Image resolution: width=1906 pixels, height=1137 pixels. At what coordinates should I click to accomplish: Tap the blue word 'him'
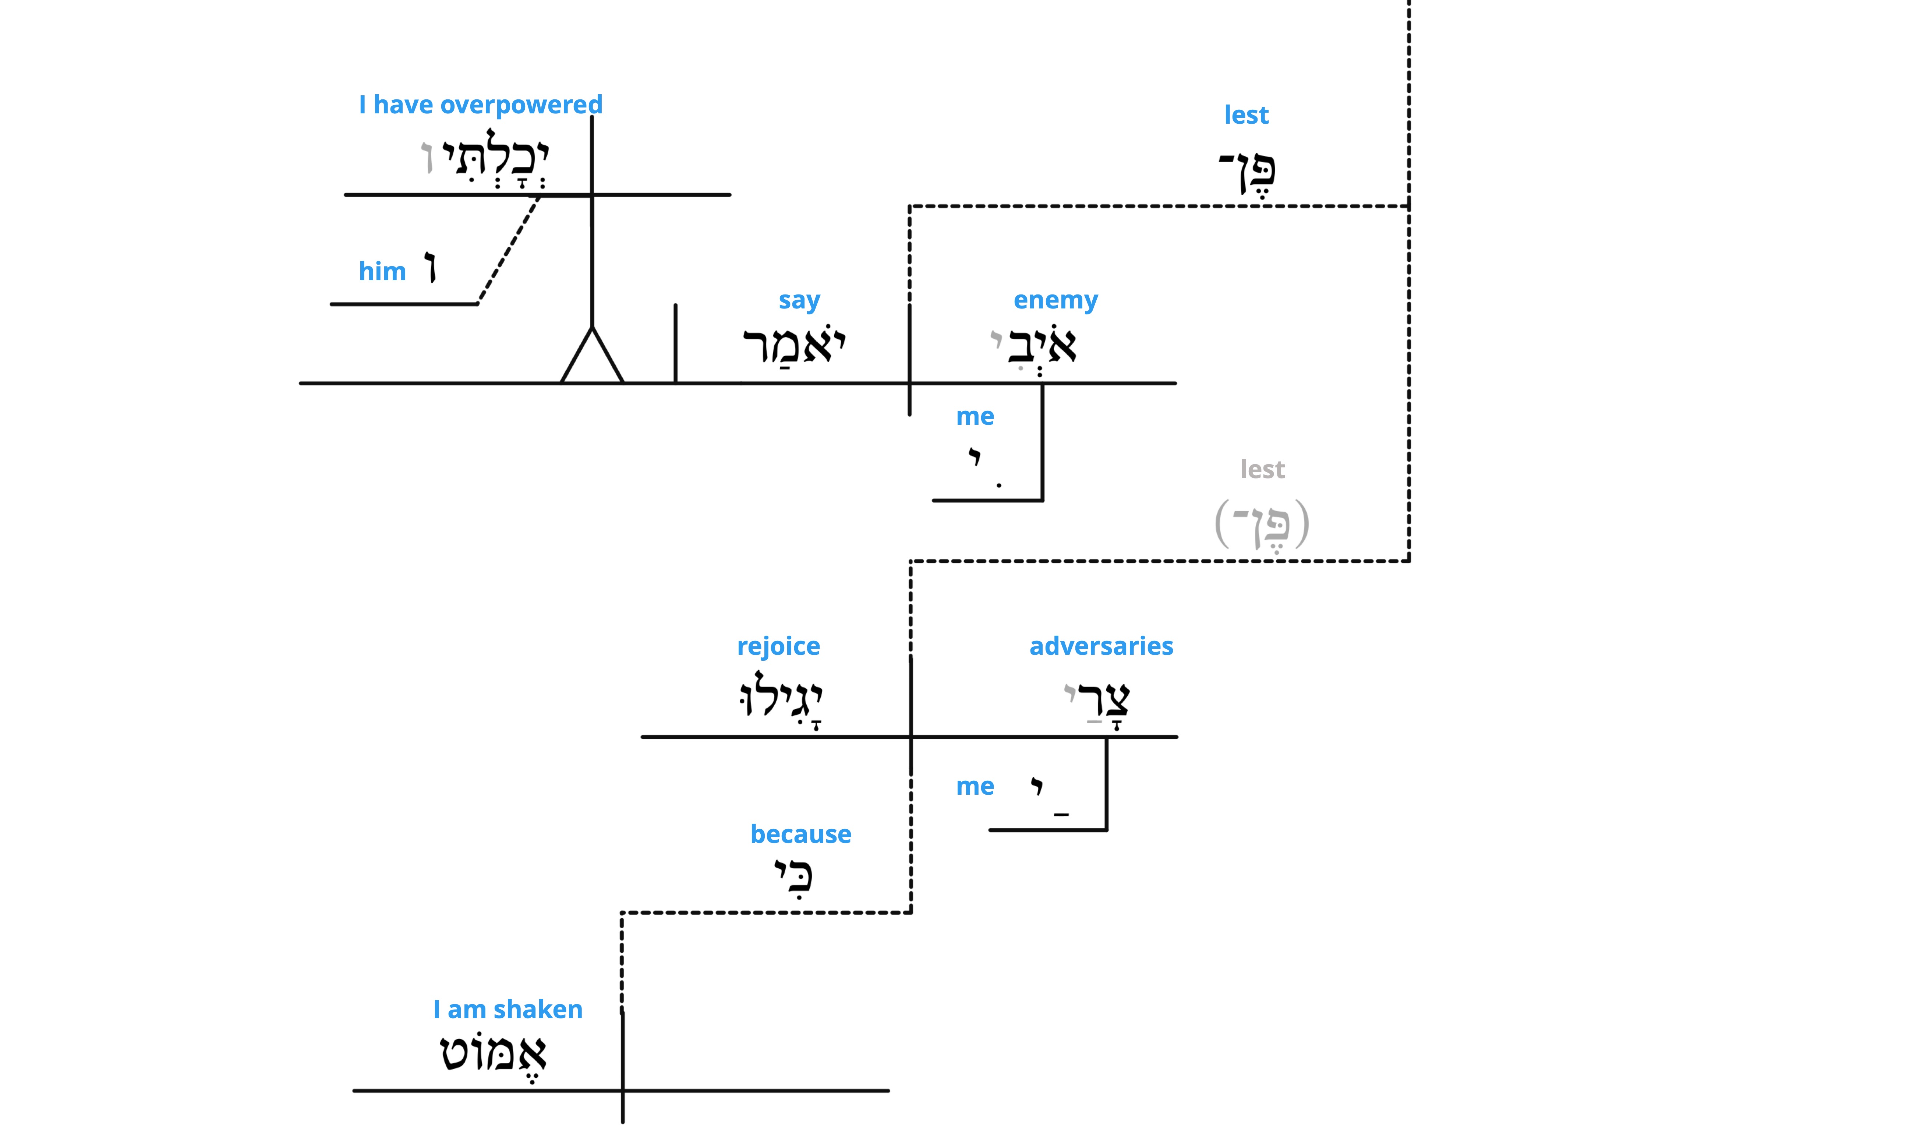(382, 271)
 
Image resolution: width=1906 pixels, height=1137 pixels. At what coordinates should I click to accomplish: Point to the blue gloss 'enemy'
(1055, 300)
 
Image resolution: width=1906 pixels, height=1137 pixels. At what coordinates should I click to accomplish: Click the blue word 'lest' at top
(1246, 115)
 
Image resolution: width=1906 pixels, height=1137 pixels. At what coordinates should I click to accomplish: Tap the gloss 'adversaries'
(1101, 646)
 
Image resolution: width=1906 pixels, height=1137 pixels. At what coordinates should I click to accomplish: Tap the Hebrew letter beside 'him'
(431, 269)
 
